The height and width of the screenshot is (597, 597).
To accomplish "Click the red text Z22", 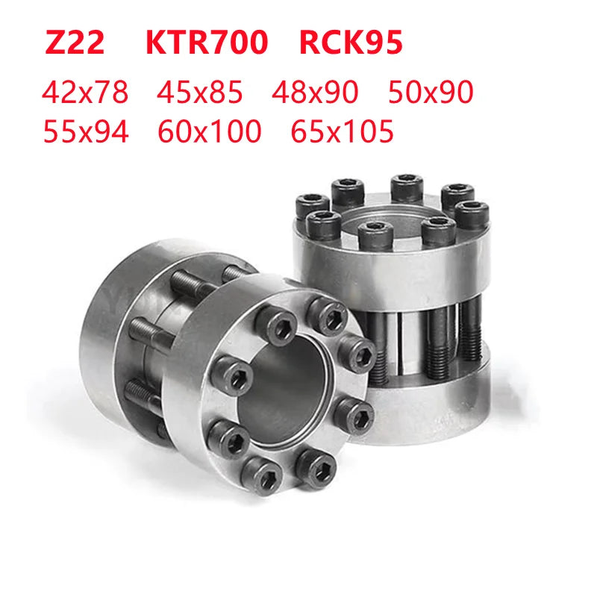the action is pos(75,43).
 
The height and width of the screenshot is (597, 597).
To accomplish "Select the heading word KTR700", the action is pos(207,43).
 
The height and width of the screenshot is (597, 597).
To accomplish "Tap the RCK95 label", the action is pos(351,43).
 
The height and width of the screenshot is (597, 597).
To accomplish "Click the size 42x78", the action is pos(85,92).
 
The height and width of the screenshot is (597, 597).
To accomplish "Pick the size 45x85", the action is pos(200,92).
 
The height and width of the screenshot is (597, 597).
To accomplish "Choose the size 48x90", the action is pos(315,92).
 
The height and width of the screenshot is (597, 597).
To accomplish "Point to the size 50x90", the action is pos(431,92).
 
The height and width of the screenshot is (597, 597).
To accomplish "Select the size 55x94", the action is pos(86,131).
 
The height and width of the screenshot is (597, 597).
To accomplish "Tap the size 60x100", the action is pos(210,131).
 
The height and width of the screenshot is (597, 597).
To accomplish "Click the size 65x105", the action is pos(342,131).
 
